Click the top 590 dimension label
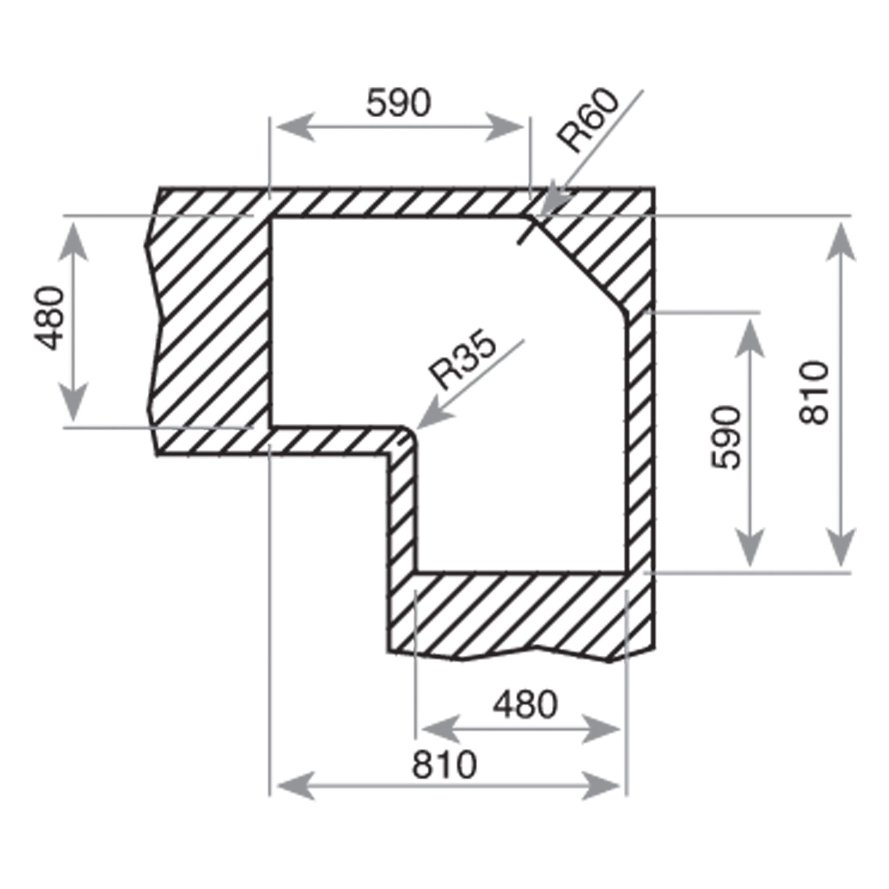pos(398,103)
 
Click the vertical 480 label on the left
pos(49,319)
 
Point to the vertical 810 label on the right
pos(813,393)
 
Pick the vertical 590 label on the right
pos(726,438)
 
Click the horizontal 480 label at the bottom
pos(525,705)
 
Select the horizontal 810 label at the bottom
pos(444,765)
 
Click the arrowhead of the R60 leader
pos(553,202)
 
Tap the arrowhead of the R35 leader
pos(431,415)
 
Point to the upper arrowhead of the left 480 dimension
pos(74,243)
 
